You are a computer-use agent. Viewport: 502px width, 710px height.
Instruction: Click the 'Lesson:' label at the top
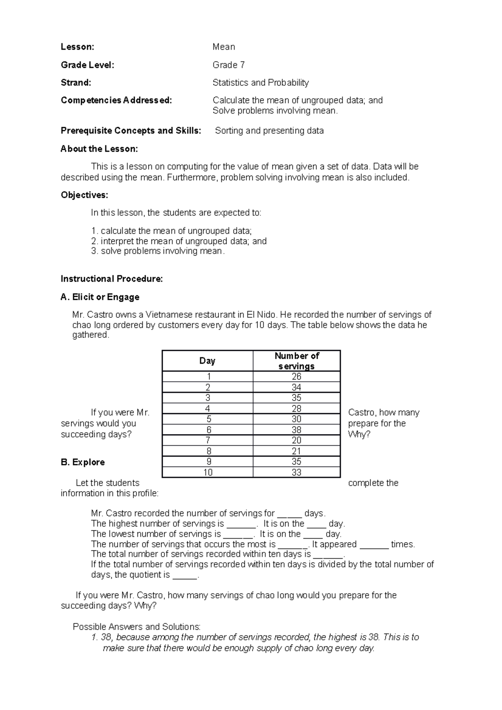(77, 47)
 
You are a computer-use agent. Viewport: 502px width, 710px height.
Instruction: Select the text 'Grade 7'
(228, 65)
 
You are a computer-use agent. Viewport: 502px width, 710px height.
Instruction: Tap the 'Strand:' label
(76, 83)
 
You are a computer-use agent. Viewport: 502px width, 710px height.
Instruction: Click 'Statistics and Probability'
(260, 83)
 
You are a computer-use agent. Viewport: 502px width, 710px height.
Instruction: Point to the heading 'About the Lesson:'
(99, 149)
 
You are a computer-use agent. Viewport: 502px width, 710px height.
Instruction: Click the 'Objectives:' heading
(84, 195)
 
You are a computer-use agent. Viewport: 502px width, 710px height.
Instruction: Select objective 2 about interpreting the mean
(179, 241)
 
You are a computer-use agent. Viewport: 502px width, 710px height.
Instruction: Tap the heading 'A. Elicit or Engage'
(100, 297)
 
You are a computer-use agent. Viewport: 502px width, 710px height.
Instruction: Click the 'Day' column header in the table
(207, 361)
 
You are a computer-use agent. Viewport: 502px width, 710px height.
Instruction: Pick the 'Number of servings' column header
(297, 361)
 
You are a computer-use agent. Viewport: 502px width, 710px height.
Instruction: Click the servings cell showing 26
(297, 377)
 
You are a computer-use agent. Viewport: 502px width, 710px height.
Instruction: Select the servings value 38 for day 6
(297, 430)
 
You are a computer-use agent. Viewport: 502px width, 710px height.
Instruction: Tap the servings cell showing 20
(297, 440)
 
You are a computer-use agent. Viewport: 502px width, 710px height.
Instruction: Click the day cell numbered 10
(208, 472)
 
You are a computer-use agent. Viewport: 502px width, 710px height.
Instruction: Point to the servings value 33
(297, 472)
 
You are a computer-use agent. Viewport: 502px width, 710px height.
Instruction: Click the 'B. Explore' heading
(83, 462)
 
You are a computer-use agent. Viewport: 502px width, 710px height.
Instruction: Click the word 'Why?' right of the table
(359, 434)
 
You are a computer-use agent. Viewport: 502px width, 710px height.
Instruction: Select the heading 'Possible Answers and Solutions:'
(137, 627)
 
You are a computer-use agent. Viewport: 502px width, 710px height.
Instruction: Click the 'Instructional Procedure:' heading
(112, 279)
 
